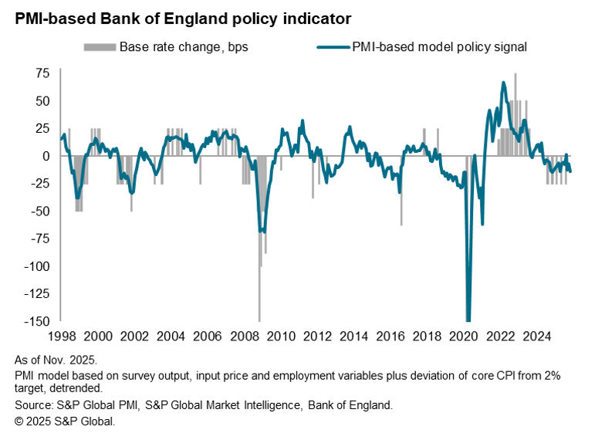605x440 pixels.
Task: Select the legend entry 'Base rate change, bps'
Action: click(x=184, y=46)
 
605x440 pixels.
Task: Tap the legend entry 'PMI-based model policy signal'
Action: click(x=439, y=46)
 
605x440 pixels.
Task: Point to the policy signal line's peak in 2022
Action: click(x=503, y=83)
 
